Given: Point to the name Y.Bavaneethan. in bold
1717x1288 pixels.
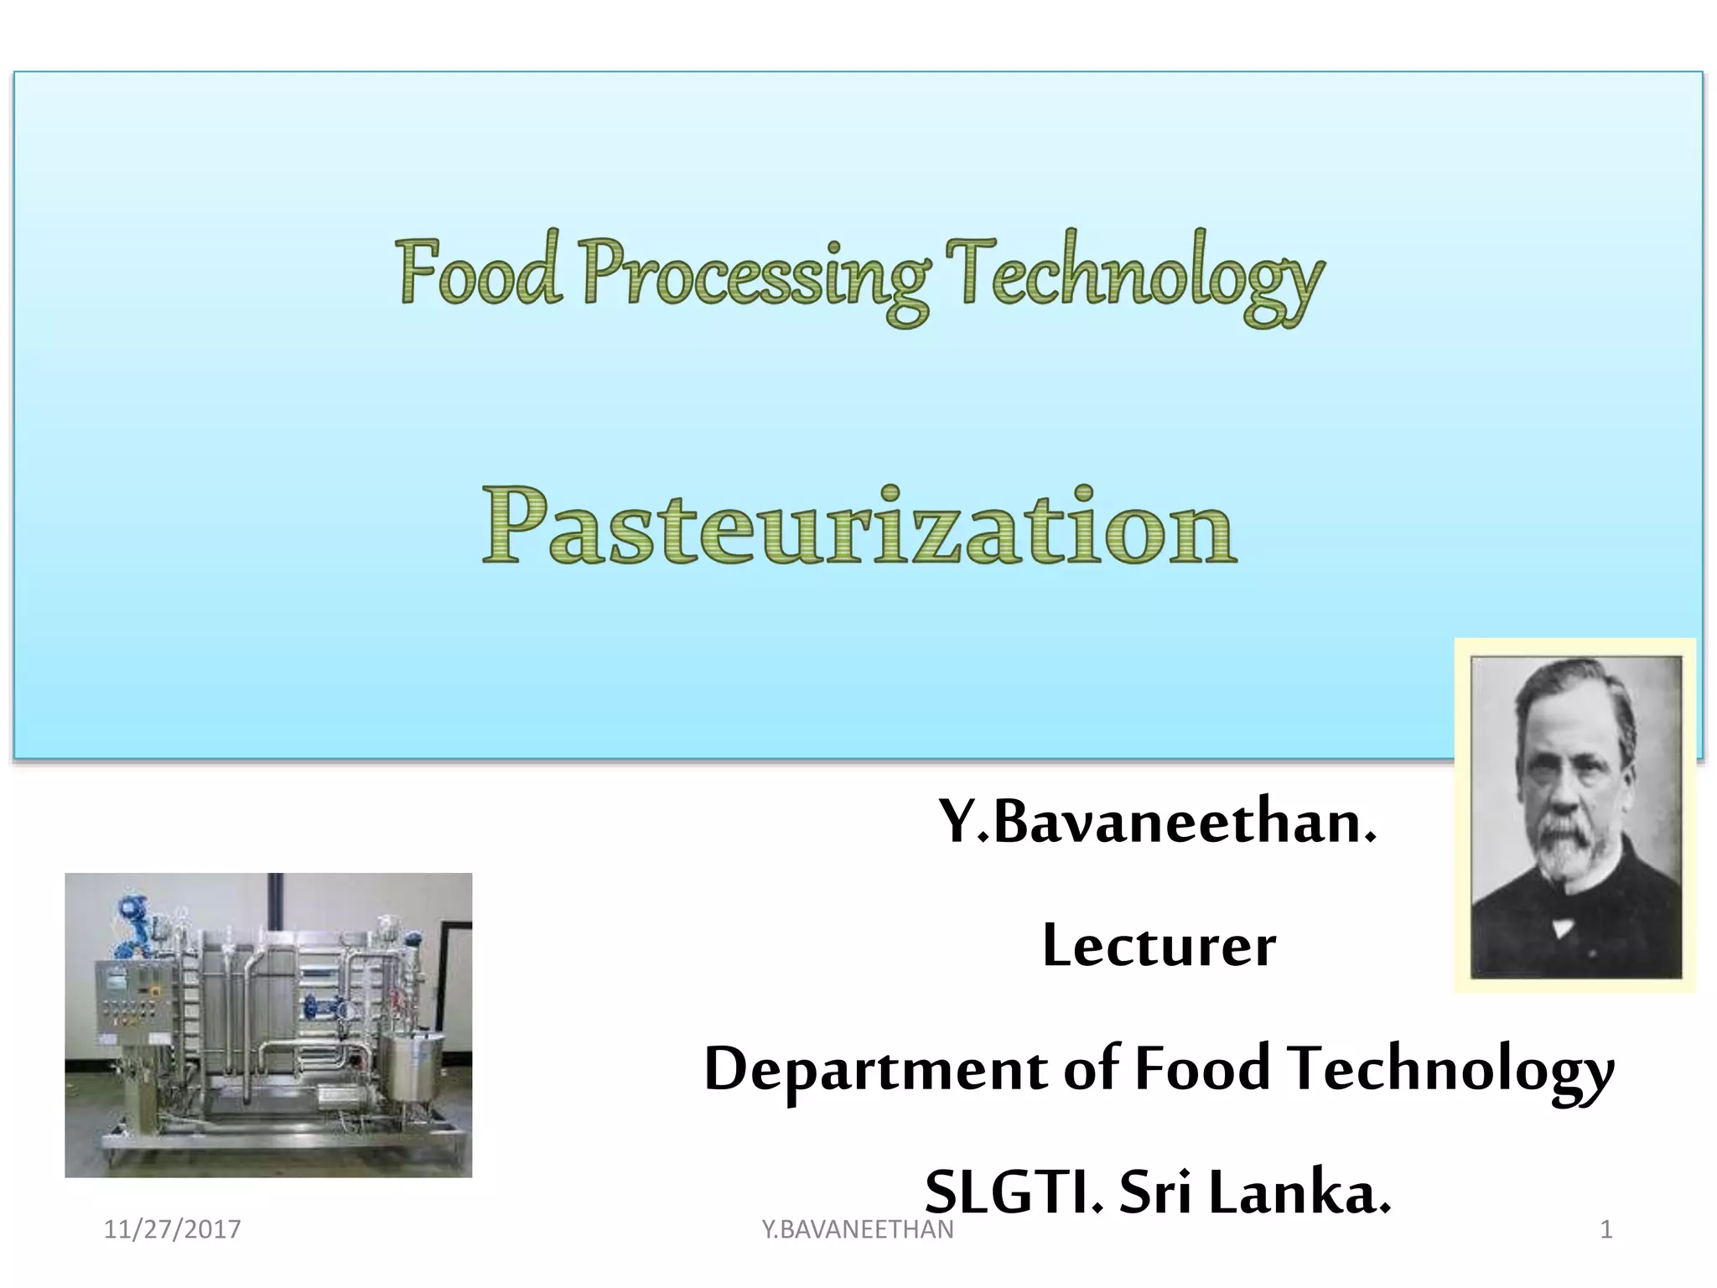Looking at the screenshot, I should coord(1157,823).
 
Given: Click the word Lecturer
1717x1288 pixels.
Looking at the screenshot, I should coord(1159,947).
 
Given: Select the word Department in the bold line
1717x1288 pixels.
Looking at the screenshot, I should coord(875,1070).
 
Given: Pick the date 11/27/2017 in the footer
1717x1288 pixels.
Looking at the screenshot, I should coord(172,1229).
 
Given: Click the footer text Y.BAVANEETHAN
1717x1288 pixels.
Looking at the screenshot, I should coord(857,1229).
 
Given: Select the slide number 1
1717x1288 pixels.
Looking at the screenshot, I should coord(1605,1229).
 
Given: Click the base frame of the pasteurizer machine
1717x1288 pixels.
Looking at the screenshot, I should coord(285,1140).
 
